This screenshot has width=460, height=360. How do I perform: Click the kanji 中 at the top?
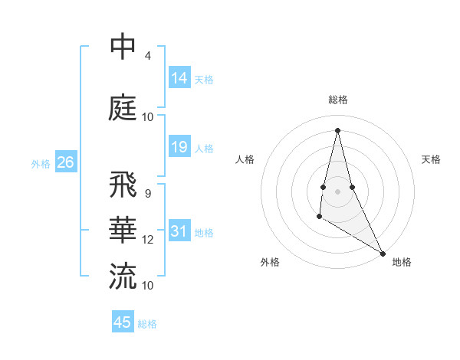tap(123, 48)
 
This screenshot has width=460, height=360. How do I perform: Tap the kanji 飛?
tap(123, 185)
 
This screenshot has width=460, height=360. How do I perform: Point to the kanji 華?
tap(123, 230)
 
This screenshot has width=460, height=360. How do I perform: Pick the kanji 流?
tap(123, 275)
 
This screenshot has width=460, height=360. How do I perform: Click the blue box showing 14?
tap(179, 77)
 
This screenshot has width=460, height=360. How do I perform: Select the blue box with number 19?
tap(179, 147)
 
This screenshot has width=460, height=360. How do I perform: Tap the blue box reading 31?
tap(179, 231)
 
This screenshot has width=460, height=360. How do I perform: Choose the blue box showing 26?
tap(65, 162)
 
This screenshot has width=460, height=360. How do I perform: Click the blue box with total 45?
tap(123, 322)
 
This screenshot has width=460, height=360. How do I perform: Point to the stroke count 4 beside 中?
tap(148, 56)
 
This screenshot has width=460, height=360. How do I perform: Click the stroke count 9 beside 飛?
tap(148, 193)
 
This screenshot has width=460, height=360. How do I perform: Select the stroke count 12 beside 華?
tap(148, 240)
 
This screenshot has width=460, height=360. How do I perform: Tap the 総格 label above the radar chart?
tap(338, 100)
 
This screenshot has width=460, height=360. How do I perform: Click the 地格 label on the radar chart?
tap(402, 262)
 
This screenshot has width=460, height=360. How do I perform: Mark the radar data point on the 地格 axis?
tap(383, 254)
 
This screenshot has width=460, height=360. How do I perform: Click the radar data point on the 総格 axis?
tap(337, 130)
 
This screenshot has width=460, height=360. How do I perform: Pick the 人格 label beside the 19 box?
tap(204, 148)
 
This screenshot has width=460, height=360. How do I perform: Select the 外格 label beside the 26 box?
tap(41, 163)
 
